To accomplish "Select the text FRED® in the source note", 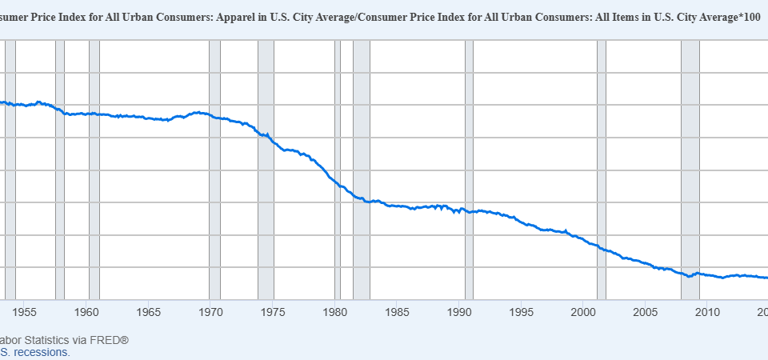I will point(110,339).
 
